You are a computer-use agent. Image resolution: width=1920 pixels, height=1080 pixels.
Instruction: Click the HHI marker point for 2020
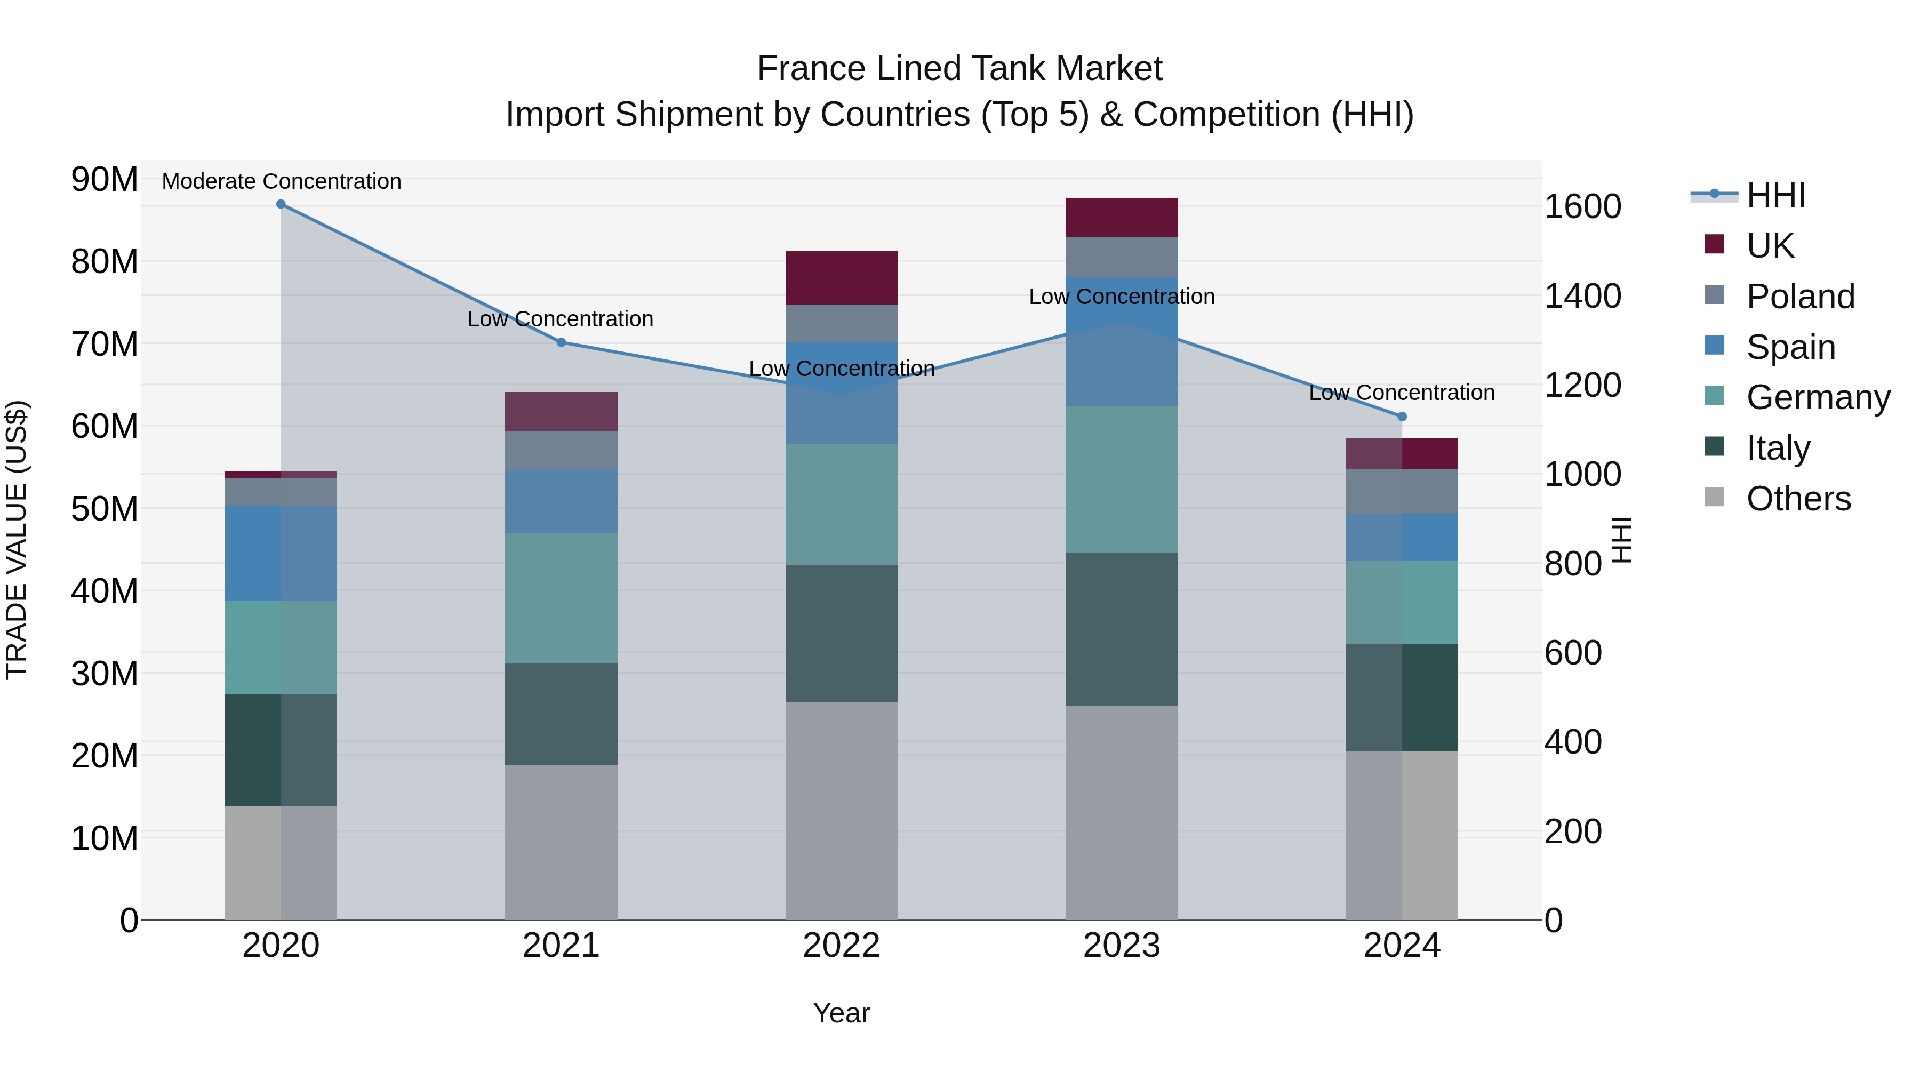pos(281,204)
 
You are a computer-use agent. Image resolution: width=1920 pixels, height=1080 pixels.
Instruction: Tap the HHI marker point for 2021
pos(561,342)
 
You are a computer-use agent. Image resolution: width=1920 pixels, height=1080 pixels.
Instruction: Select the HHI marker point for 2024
pos(1402,417)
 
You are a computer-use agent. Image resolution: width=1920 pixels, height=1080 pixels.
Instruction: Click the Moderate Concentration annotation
pos(281,181)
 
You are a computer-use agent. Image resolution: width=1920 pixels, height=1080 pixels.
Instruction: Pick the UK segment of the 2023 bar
pos(1121,218)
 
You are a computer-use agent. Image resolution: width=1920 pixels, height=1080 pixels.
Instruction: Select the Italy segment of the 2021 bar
pos(561,714)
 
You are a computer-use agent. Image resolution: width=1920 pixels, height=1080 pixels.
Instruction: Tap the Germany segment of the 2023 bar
pos(1121,479)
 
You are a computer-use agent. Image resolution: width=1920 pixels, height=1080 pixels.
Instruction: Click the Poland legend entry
pos(1800,297)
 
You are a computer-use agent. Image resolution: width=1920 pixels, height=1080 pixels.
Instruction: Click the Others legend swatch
pos(1714,497)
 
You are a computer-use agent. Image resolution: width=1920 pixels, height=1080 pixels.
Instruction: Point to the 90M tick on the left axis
pos(105,180)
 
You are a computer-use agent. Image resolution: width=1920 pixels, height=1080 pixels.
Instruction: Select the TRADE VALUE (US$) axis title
pos(17,540)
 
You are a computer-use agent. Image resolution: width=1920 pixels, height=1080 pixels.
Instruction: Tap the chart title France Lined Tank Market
pos(959,69)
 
